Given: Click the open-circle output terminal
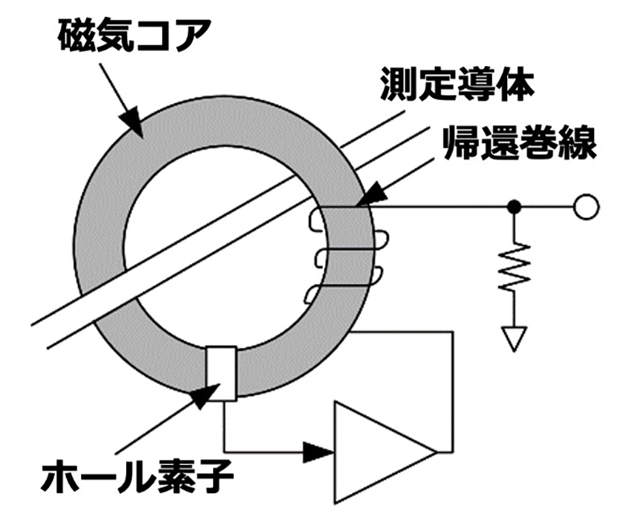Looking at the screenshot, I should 586,207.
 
